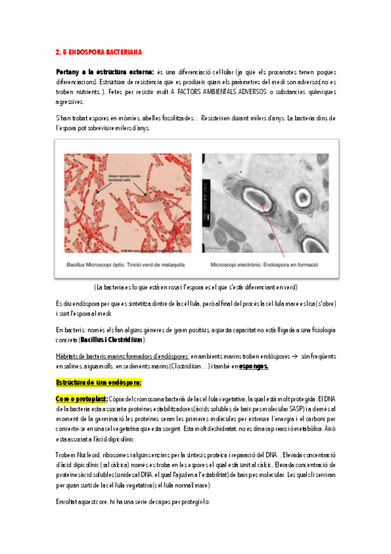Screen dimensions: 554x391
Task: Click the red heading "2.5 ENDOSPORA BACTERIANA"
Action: [98, 51]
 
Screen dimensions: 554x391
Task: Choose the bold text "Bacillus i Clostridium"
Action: [112, 340]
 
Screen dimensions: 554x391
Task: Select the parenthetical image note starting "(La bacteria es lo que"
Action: [195, 287]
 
